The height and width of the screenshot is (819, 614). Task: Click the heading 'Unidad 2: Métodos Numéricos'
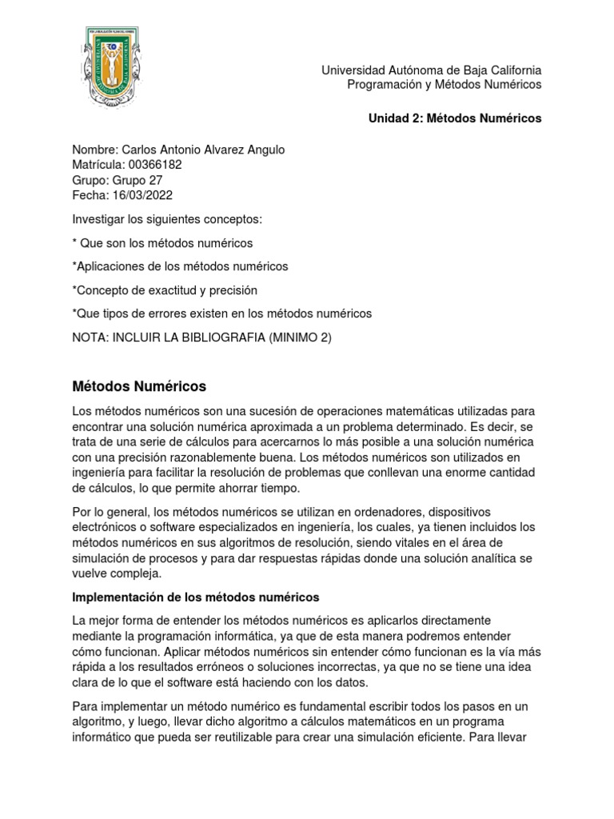pyautogui.click(x=454, y=118)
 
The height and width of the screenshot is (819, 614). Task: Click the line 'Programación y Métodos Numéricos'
pyautogui.click(x=445, y=84)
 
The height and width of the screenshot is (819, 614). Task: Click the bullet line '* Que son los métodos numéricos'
pyautogui.click(x=162, y=242)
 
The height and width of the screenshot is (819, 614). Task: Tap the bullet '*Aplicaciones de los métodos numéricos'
pyautogui.click(x=180, y=266)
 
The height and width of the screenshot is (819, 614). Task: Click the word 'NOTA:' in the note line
pyautogui.click(x=89, y=337)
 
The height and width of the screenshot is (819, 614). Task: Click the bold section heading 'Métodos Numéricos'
pyautogui.click(x=139, y=387)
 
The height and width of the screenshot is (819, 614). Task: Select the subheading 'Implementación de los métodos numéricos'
pyautogui.click(x=195, y=597)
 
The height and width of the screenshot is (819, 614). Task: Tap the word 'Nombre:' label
pyautogui.click(x=94, y=150)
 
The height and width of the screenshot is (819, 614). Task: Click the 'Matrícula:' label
pyautogui.click(x=98, y=165)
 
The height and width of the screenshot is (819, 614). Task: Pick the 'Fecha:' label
pyautogui.click(x=90, y=195)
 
